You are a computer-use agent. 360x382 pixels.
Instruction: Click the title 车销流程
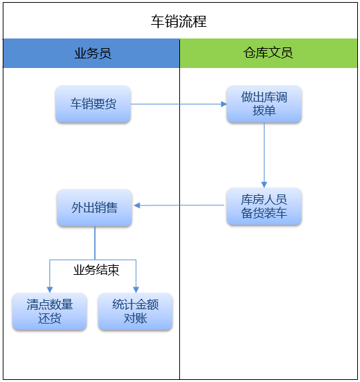coord(179,21)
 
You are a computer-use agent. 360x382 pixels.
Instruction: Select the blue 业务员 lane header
coord(91,53)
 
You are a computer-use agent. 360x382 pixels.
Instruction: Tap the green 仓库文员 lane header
coord(269,53)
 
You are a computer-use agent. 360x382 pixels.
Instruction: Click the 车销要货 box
coord(93,104)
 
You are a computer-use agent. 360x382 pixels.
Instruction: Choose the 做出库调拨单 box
coord(264,104)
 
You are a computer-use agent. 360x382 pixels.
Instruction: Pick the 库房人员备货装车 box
coord(264,206)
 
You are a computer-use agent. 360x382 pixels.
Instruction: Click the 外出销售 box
coord(95,207)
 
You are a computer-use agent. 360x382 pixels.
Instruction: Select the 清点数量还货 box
coord(49,311)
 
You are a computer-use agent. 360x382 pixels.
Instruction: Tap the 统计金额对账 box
coord(135,311)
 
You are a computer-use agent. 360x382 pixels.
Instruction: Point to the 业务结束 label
coord(96,270)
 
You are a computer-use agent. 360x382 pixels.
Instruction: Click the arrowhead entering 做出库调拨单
coord(224,104)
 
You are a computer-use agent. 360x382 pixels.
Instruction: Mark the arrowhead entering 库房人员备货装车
coord(264,185)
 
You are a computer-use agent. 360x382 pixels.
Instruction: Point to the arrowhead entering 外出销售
coord(137,205)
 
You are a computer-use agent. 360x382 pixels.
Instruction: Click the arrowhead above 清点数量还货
coord(49,290)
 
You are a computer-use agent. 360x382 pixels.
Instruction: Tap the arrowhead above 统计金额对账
coord(136,290)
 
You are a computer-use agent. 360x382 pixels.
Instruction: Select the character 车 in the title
coord(157,21)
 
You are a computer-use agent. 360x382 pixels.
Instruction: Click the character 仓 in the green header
coord(249,53)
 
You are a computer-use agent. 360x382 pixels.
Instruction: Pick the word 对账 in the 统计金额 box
coord(135,318)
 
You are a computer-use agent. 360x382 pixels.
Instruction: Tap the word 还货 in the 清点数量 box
coord(49,318)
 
